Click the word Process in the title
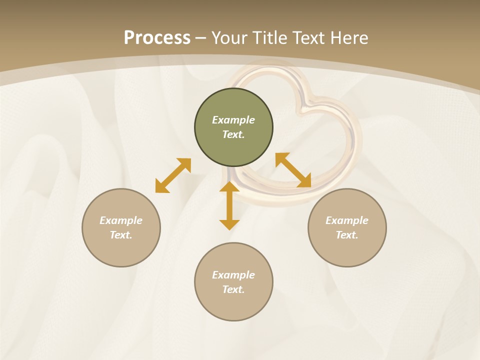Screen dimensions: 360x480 [157, 38]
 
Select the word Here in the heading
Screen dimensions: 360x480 [349, 38]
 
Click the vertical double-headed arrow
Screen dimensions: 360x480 [229, 206]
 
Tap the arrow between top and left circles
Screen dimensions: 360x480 [173, 175]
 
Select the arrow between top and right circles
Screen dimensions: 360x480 [293, 170]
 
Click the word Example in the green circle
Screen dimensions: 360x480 [233, 120]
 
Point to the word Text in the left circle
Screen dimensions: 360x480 [121, 235]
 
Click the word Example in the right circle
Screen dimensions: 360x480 [347, 220]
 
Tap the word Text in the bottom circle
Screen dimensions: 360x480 [233, 289]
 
